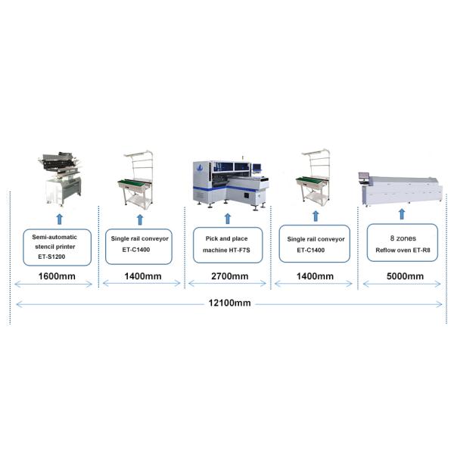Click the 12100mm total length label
[x=229, y=303]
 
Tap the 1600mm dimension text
[x=57, y=276]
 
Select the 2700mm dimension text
[x=229, y=276]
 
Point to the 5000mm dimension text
[x=405, y=276]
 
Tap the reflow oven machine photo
[x=401, y=190]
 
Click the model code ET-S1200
[x=51, y=257]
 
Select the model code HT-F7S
[x=239, y=250]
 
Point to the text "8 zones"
[x=403, y=238]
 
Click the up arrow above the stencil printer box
[x=60, y=219]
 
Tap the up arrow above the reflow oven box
[x=402, y=214]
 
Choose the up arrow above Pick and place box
[x=228, y=219]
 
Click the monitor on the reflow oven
[x=364, y=176]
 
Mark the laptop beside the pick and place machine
[x=257, y=168]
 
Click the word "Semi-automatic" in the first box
[x=54, y=237]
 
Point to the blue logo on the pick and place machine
[x=199, y=168]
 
